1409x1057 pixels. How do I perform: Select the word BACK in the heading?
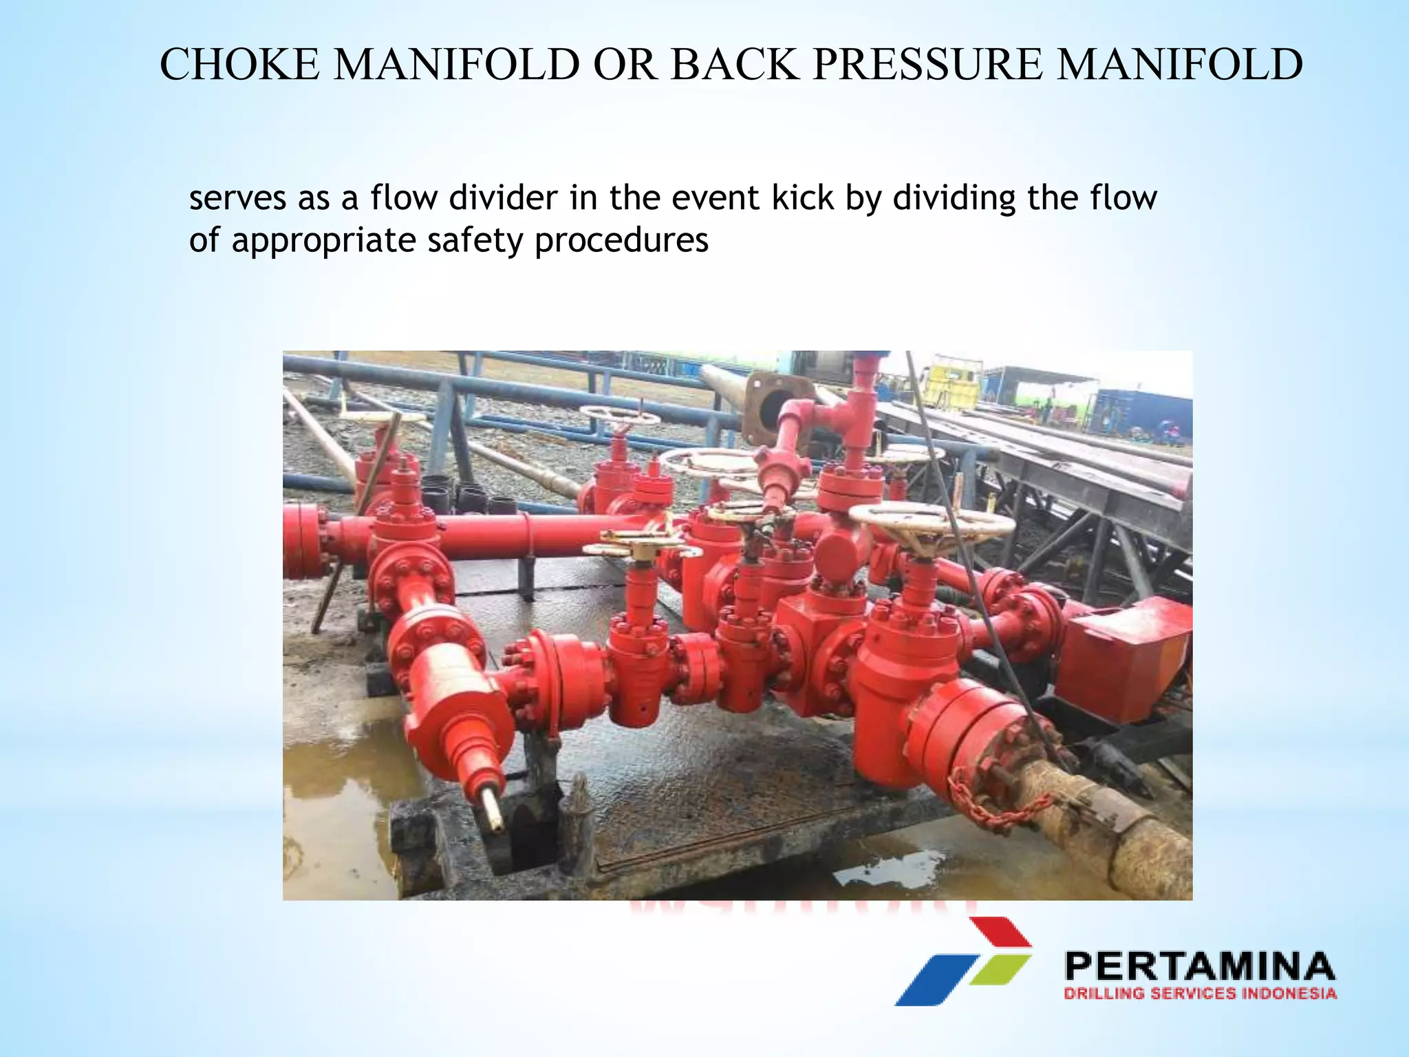[735, 65]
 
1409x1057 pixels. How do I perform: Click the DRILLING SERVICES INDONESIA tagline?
[1199, 993]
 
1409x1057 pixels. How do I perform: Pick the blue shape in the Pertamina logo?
[936, 980]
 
